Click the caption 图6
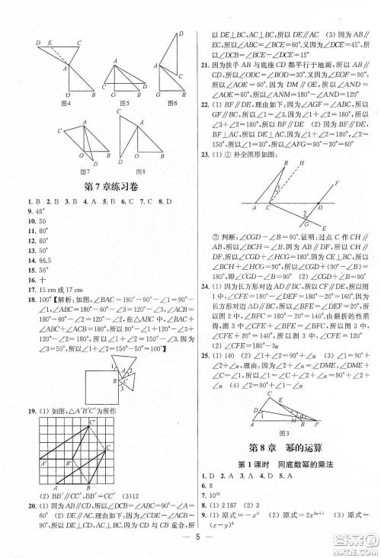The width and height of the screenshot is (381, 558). [x=173, y=103]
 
